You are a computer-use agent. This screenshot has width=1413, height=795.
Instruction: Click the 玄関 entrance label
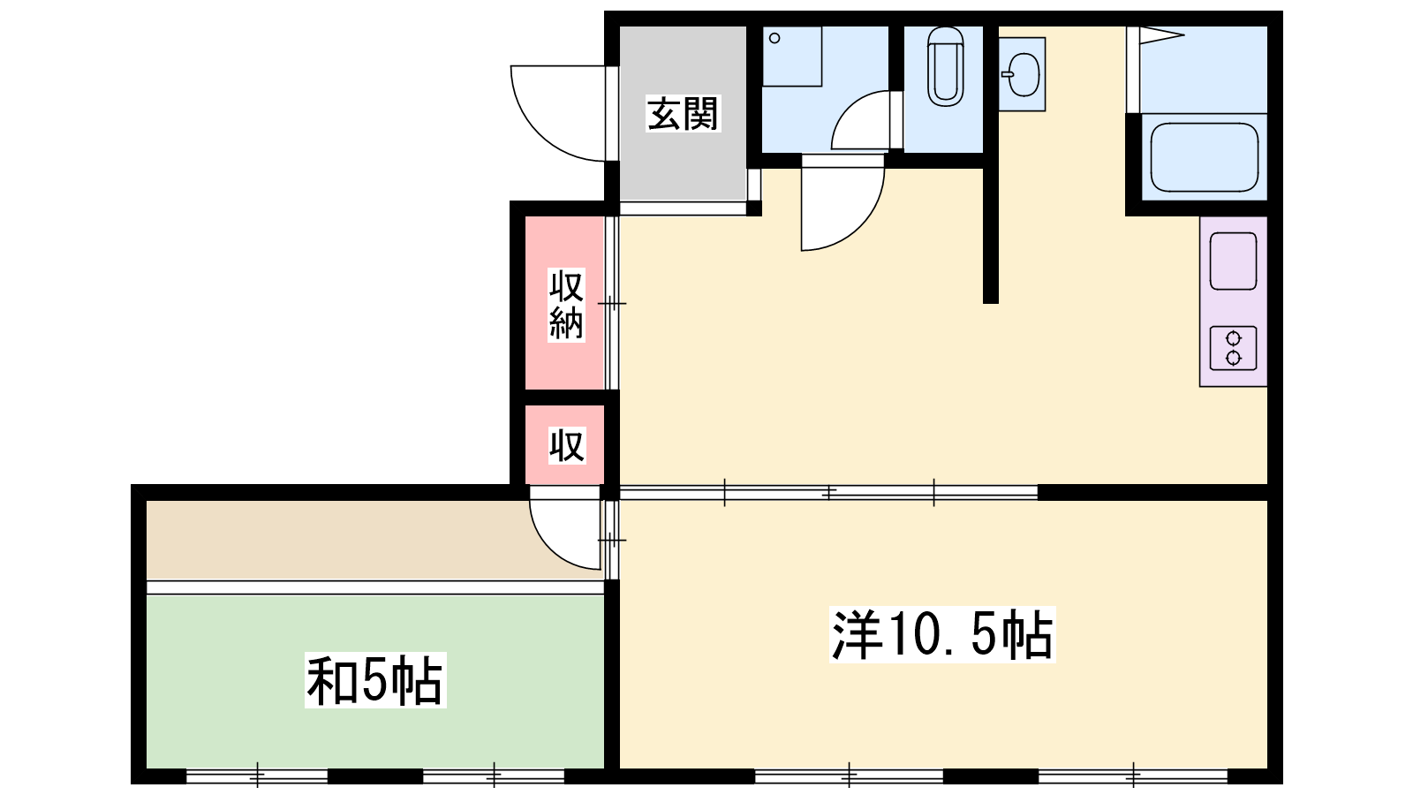click(684, 114)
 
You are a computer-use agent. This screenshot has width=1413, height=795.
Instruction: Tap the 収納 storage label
click(566, 305)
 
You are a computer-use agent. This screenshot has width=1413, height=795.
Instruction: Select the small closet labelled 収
click(566, 445)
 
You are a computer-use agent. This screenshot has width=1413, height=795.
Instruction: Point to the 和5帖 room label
click(375, 680)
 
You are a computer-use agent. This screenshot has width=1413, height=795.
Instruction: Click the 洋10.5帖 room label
click(942, 635)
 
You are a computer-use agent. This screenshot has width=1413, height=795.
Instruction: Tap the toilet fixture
click(946, 65)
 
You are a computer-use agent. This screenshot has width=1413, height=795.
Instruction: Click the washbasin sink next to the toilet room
click(1022, 74)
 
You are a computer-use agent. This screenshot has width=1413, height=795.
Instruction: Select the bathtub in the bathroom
click(1205, 157)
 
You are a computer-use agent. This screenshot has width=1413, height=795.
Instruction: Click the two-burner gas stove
click(1233, 348)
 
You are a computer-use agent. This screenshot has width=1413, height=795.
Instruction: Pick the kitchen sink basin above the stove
click(1233, 261)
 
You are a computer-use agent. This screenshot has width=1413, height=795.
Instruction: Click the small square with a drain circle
click(791, 57)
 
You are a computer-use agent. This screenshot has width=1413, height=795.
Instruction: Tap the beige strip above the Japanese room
click(374, 540)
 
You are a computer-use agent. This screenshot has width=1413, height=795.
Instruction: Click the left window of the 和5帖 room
click(257, 775)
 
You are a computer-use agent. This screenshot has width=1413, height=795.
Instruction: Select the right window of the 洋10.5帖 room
click(1134, 775)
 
